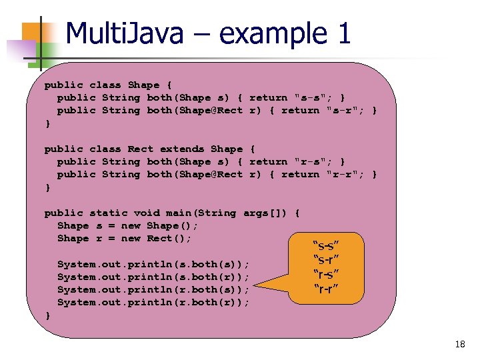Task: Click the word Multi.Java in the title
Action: coord(124,33)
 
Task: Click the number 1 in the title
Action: coord(343,33)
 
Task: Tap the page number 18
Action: coord(459,345)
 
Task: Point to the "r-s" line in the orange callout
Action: coord(328,274)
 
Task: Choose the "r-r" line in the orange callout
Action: coord(327,288)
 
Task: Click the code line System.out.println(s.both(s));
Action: coord(153,264)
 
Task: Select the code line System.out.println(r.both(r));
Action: coord(153,302)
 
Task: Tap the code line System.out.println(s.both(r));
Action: coord(153,277)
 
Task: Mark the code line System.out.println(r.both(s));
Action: coord(153,289)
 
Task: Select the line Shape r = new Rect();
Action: coord(124,238)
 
